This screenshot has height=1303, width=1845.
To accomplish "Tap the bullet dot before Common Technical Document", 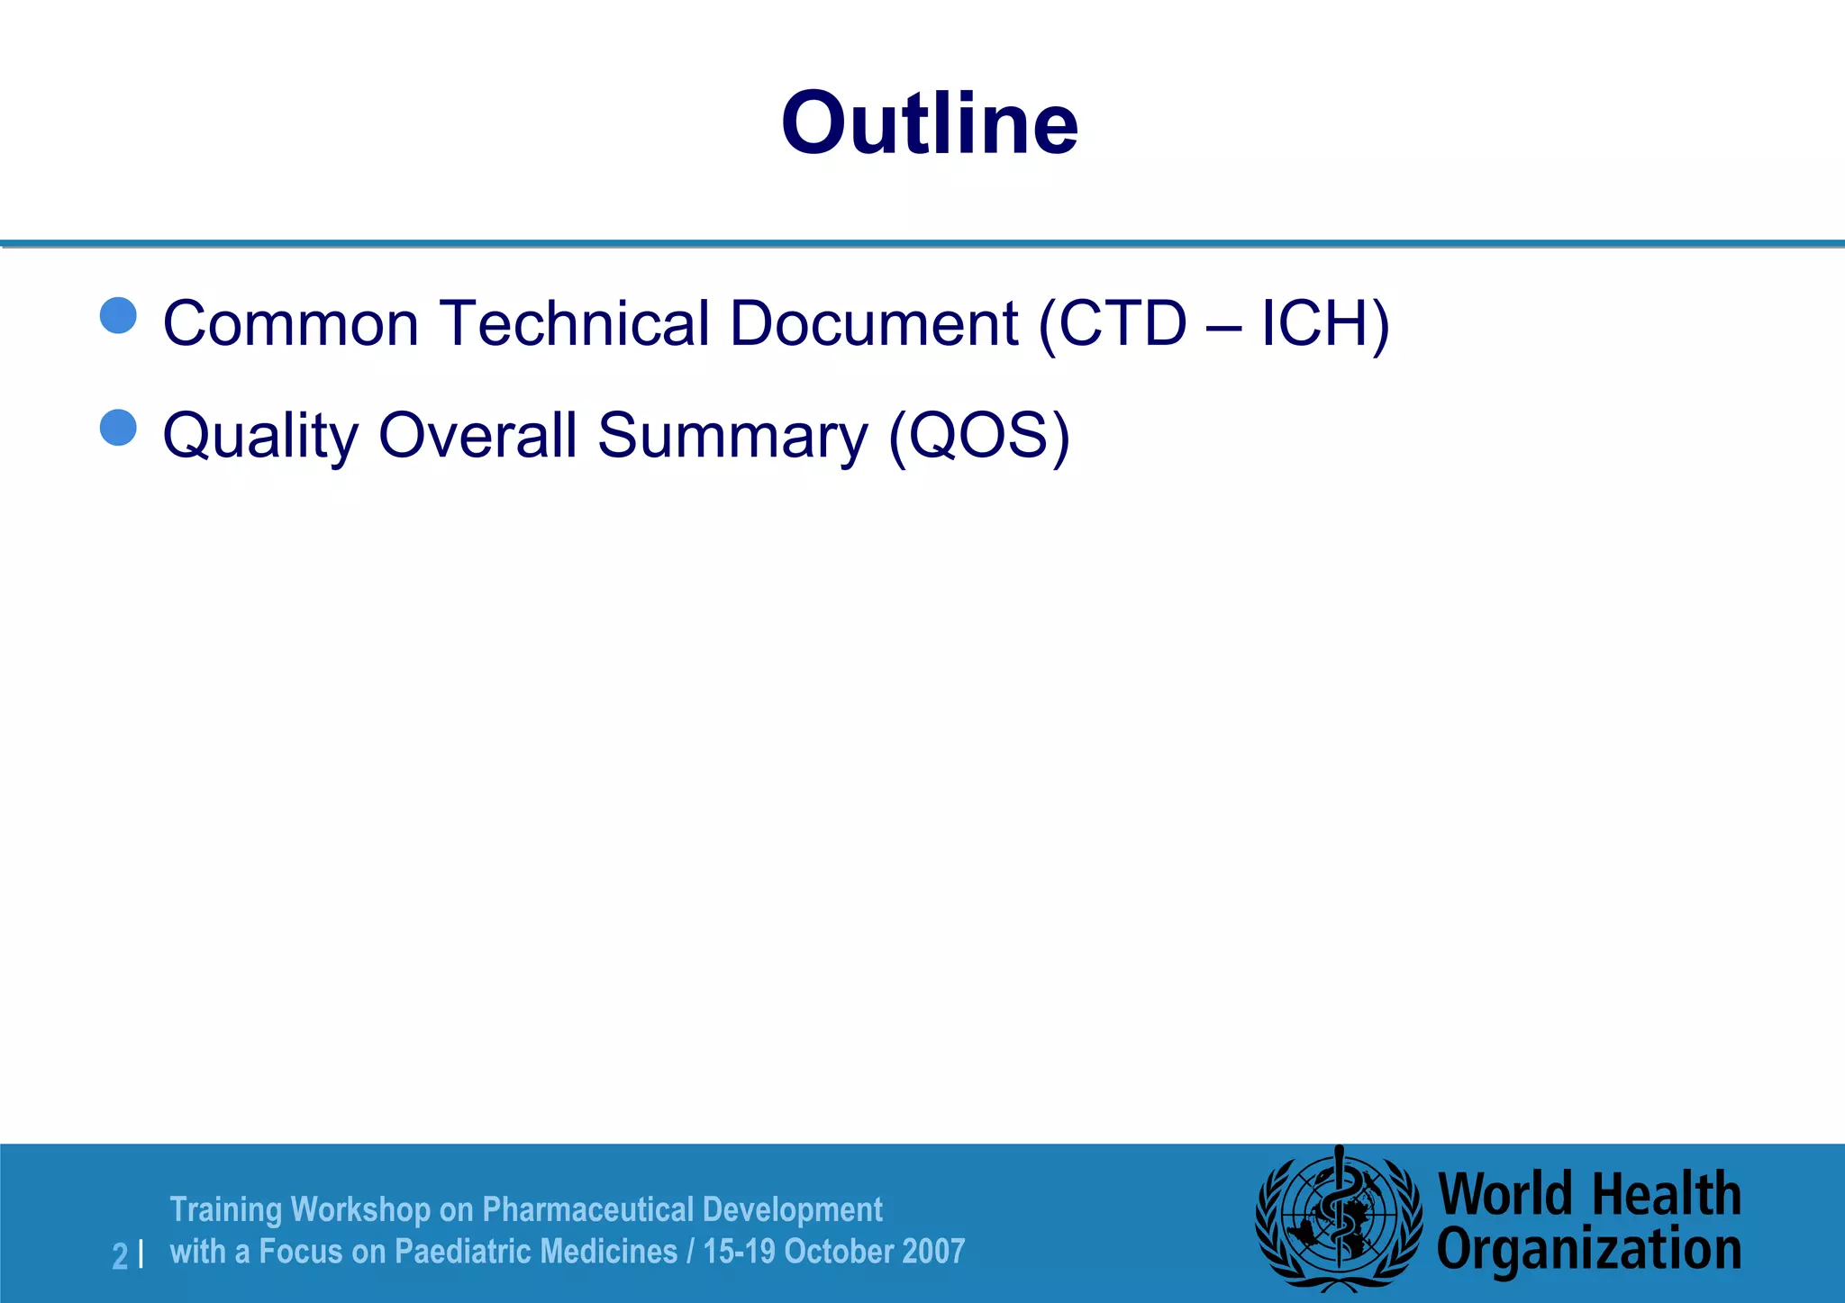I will click(x=118, y=316).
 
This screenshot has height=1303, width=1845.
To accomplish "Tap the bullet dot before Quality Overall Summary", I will click(x=118, y=428).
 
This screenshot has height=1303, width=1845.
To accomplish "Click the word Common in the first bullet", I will click(x=291, y=323).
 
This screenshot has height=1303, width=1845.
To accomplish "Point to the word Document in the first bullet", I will click(x=873, y=323).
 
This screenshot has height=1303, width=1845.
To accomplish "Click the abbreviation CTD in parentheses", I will click(x=1122, y=323).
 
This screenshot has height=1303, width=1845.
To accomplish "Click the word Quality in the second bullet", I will click(x=260, y=437).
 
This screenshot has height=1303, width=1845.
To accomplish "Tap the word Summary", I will click(x=732, y=437).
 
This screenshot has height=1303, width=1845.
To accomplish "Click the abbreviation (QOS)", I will click(x=979, y=436).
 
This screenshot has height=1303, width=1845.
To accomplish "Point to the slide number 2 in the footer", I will click(x=120, y=1255).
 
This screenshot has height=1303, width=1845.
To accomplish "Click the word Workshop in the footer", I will click(x=360, y=1209).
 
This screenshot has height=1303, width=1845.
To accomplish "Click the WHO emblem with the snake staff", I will click(x=1339, y=1221).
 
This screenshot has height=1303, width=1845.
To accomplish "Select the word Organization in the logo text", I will click(x=1588, y=1250).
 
